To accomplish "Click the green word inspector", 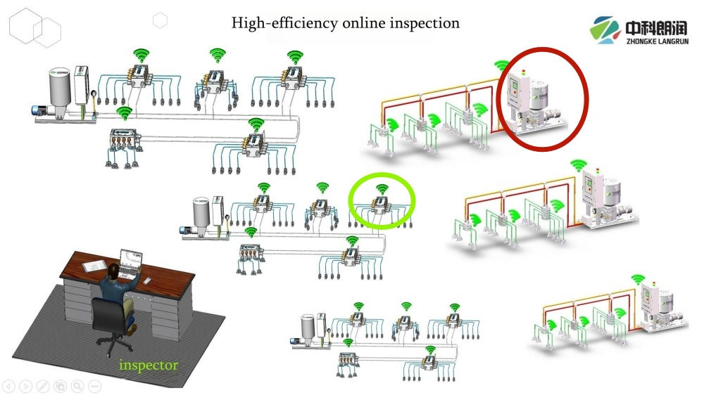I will (148, 365).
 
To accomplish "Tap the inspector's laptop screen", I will (131, 261).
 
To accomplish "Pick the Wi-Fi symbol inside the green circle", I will (382, 189).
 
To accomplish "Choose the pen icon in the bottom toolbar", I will (42, 386).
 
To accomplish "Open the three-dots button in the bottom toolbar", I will (94, 386).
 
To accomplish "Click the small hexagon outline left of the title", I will (161, 20).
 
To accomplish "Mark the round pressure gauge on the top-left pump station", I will (93, 93).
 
